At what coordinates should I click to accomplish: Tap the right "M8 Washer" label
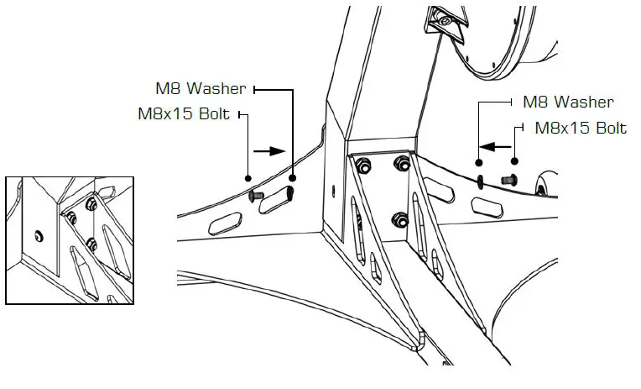point(567,103)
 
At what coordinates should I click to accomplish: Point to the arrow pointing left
point(498,145)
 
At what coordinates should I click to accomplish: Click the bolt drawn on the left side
point(258,193)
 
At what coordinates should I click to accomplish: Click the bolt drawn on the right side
point(508,178)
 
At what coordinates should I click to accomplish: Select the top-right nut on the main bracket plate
point(401,162)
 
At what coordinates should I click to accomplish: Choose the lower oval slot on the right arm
point(487,205)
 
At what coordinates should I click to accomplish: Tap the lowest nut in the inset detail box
point(91,246)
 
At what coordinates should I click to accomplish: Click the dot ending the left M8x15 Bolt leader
point(248,178)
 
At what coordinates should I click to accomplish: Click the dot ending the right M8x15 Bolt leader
point(515,161)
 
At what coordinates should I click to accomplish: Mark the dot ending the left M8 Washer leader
point(293,177)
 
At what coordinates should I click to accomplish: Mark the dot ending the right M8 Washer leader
point(480,161)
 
